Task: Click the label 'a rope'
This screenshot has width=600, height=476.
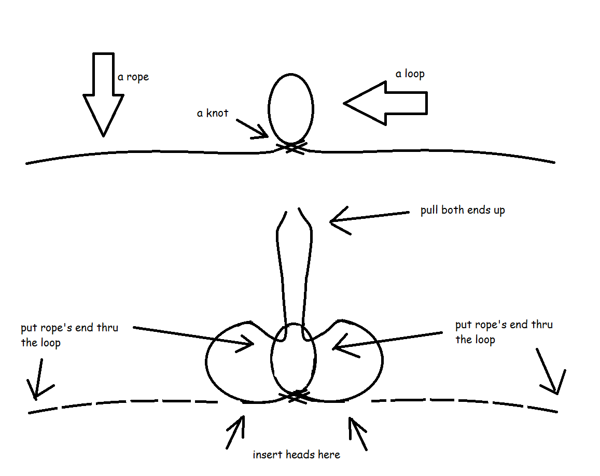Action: click(x=133, y=77)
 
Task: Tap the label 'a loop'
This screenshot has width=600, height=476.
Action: click(x=410, y=74)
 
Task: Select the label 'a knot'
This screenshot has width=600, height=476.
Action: click(x=212, y=113)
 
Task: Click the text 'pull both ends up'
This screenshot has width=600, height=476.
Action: click(x=462, y=211)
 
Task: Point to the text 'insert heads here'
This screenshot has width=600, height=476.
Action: click(x=296, y=455)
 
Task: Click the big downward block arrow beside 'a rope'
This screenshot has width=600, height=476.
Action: click(x=104, y=93)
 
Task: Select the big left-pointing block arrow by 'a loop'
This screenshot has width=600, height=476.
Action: click(x=386, y=103)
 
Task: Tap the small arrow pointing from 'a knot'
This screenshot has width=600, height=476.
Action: click(x=253, y=129)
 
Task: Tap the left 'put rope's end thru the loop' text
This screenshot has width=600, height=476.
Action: click(x=69, y=335)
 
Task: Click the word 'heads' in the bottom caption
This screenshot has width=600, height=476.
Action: click(x=298, y=455)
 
